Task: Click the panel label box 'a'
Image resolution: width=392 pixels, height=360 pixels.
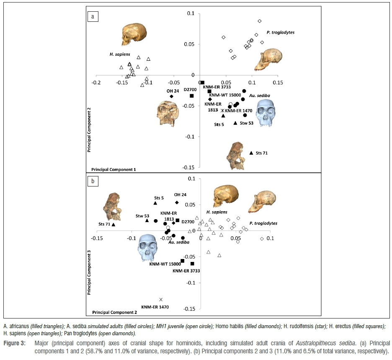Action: click(x=93, y=17)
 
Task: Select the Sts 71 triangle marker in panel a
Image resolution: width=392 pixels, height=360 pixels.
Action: click(x=251, y=153)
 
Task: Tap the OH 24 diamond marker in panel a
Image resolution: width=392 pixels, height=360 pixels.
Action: click(x=171, y=96)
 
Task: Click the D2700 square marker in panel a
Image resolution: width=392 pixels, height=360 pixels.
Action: click(x=192, y=96)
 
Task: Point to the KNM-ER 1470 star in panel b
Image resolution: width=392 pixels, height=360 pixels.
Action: click(x=161, y=300)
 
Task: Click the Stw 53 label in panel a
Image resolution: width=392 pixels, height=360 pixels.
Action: click(x=247, y=124)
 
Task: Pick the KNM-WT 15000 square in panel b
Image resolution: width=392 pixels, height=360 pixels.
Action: click(x=183, y=261)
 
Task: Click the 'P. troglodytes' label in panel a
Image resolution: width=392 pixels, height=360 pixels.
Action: click(x=279, y=32)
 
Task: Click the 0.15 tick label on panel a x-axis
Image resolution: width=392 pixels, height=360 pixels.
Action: click(x=278, y=83)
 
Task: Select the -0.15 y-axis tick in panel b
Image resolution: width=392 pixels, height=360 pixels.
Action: click(x=191, y=309)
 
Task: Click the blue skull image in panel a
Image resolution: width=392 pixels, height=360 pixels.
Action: click(x=268, y=115)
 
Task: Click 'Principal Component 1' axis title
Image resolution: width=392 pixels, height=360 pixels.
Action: click(x=113, y=170)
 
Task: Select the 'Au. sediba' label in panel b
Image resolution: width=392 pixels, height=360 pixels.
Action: click(x=179, y=242)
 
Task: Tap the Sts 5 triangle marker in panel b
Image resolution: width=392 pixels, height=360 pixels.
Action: click(x=155, y=203)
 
